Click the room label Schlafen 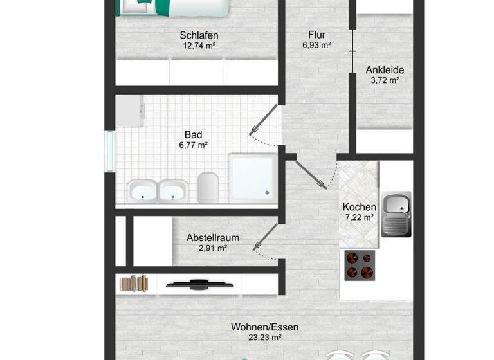[199, 35]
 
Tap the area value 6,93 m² [316, 46]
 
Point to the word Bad [193, 134]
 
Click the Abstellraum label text [212, 237]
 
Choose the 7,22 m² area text [359, 217]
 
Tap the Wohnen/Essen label [264, 327]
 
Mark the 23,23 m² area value [264, 337]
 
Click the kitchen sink [396, 214]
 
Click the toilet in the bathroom [208, 187]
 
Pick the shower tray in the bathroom [253, 177]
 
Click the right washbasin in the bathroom [172, 191]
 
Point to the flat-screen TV [196, 282]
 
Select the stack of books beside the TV [134, 283]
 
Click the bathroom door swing [264, 122]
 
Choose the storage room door [265, 237]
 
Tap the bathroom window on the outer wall [110, 152]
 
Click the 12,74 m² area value [199, 46]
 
